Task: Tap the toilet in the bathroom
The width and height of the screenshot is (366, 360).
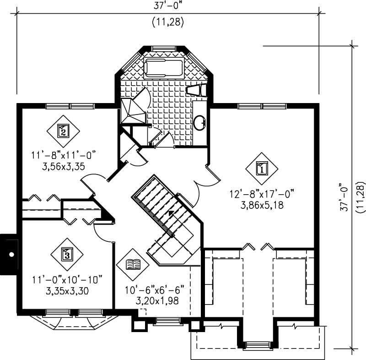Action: coord(198,90)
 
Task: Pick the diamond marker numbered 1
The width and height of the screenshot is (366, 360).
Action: coord(262,169)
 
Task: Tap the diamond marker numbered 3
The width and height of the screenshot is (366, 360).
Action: coord(67,254)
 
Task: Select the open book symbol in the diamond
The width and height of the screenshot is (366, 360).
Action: coord(133,265)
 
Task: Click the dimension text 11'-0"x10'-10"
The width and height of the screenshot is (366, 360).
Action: coord(67,279)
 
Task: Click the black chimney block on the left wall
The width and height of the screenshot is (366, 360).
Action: coord(9,254)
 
